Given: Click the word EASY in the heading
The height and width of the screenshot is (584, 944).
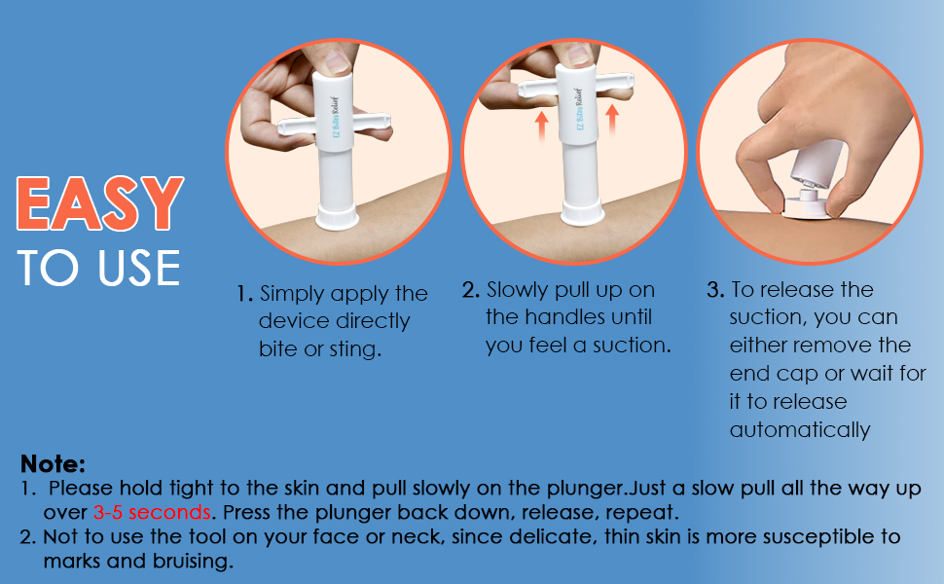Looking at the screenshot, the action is click(x=100, y=203).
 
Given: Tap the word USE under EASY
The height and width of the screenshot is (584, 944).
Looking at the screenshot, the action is click(x=139, y=268).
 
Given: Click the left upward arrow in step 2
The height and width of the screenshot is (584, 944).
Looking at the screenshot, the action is click(x=542, y=126).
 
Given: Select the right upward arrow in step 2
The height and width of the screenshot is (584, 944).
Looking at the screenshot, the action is click(x=612, y=120).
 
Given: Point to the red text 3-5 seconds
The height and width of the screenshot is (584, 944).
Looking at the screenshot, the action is click(x=152, y=512).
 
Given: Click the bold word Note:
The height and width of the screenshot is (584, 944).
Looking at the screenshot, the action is click(x=53, y=464).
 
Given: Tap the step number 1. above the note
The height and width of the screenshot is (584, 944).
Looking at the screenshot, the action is click(x=244, y=294).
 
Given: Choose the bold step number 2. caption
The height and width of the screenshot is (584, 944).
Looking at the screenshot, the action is click(x=471, y=290).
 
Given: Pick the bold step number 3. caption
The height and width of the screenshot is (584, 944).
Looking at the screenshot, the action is click(x=716, y=290).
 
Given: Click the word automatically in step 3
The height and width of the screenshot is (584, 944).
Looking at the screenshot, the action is click(x=800, y=430).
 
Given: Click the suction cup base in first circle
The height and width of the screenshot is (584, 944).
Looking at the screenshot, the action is click(x=337, y=217).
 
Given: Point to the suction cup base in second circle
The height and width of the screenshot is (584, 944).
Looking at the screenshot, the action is click(x=582, y=213).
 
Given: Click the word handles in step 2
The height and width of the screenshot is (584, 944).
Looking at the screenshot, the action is click(x=563, y=317).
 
